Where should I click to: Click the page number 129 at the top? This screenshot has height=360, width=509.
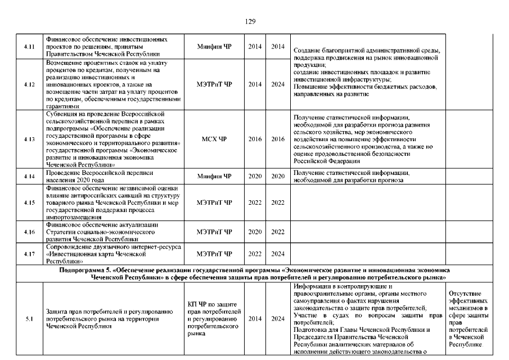pyautogui.click(x=251, y=21)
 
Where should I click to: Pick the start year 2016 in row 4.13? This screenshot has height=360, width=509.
pyautogui.click(x=255, y=139)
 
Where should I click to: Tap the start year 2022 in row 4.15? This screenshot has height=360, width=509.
pyautogui.click(x=255, y=202)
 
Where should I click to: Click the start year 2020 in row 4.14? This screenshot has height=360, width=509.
pyautogui.click(x=255, y=177)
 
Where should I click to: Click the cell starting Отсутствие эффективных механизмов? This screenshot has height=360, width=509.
pyautogui.click(x=469, y=319)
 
